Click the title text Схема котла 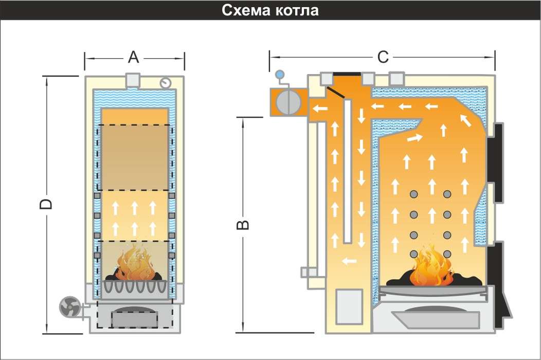[270, 10]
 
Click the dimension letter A [134, 58]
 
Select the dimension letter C [383, 57]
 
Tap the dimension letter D [46, 204]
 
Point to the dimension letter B [245, 225]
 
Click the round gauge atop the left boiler [165, 82]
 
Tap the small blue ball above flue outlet [280, 74]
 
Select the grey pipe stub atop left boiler [134, 80]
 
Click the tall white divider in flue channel [348, 170]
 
